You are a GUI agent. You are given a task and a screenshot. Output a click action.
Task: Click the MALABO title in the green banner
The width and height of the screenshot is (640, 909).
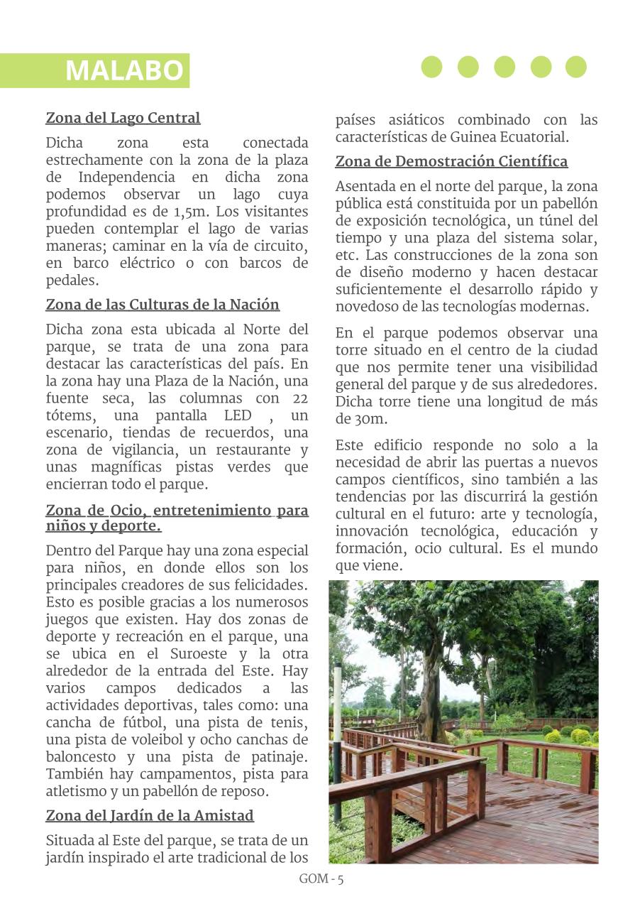pos(124,71)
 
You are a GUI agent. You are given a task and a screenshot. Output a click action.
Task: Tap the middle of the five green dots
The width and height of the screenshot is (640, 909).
pos(504,67)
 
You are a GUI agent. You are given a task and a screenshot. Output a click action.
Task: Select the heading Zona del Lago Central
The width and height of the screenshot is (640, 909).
pos(123,118)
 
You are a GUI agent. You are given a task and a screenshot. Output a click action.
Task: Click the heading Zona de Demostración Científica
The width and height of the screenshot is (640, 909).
pos(451,162)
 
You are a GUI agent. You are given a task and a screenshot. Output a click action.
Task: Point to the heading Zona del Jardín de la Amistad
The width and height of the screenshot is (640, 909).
pos(150,815)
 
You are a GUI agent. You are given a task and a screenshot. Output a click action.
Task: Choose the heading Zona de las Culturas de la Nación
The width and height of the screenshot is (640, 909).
pos(162,305)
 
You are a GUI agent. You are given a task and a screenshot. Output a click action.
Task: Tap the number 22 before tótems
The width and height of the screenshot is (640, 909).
pos(299,398)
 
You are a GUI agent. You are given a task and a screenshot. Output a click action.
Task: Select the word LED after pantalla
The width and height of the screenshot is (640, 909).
pos(237,415)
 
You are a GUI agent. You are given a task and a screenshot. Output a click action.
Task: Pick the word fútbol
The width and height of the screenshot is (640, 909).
pos(148,723)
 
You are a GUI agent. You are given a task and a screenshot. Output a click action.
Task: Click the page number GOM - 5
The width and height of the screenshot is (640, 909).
pos(321,879)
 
